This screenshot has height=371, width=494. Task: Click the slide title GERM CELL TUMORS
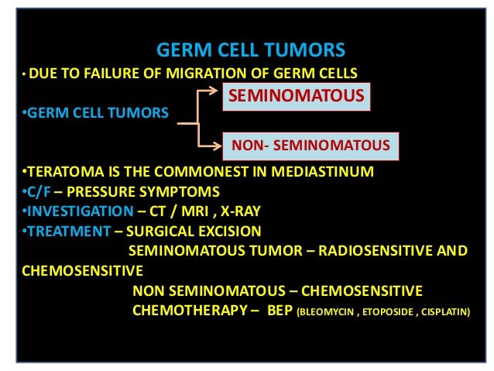tap(251, 51)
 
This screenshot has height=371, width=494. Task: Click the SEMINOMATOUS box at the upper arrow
tap(294, 97)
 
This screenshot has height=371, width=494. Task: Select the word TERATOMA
tap(57, 171)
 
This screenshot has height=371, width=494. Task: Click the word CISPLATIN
tap(443, 313)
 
